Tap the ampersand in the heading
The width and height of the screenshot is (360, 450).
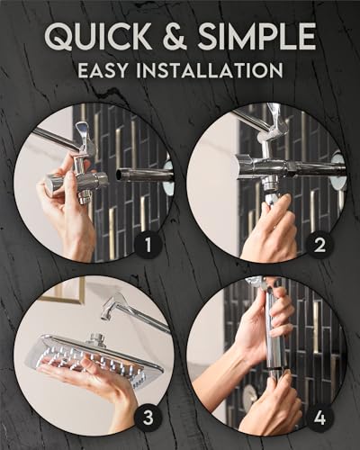tap(175, 37)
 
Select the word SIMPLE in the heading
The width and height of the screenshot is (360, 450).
tap(254, 37)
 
